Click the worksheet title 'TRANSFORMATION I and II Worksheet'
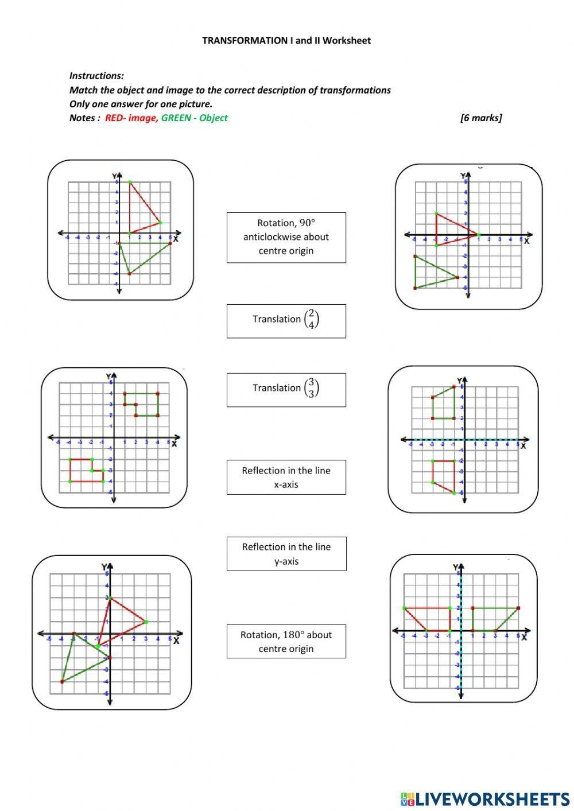pos(286,41)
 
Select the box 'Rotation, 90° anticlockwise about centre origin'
pos(286,237)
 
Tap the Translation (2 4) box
pos(286,321)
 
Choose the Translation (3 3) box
pos(286,390)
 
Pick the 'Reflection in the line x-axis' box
pos(286,477)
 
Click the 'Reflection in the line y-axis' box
pos(286,554)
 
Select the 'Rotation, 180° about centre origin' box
pos(286,641)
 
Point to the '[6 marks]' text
pos(480,118)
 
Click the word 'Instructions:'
pos(96,76)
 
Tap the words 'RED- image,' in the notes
pos(131,118)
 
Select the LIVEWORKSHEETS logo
pos(484,798)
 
